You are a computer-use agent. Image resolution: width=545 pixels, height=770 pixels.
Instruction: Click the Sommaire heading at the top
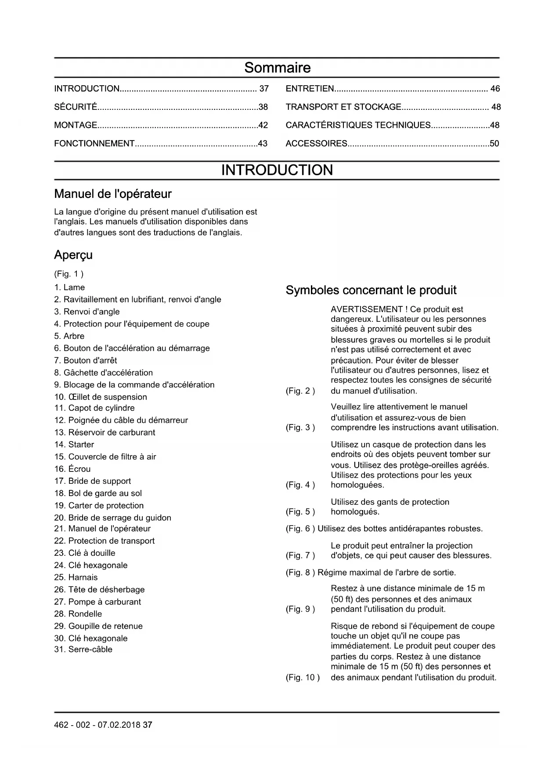[277, 68]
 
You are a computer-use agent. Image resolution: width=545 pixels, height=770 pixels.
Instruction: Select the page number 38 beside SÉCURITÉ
[263, 107]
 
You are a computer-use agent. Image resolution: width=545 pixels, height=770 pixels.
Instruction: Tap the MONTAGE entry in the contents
[76, 126]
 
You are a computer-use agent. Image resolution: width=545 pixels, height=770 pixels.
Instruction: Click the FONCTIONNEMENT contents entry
[94, 144]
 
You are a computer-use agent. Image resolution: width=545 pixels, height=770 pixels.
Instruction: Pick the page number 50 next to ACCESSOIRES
[494, 144]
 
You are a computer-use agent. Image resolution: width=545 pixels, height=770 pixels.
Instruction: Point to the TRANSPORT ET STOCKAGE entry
[343, 107]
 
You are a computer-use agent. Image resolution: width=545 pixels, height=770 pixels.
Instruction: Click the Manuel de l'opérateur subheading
[112, 194]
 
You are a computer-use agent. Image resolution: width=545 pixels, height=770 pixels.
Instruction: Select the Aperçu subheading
[73, 255]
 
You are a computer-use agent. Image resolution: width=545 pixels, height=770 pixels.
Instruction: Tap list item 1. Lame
[69, 288]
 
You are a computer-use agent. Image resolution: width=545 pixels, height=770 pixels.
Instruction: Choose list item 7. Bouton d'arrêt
[86, 360]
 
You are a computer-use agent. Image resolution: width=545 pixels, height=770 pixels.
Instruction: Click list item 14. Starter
[74, 445]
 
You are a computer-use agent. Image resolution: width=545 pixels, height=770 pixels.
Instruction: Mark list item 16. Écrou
[72, 469]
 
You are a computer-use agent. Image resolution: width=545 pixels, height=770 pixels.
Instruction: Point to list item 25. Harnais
[76, 578]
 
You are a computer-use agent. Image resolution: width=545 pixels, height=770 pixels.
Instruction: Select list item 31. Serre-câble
[83, 649]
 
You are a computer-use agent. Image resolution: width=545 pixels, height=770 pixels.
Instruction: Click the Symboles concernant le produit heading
[371, 290]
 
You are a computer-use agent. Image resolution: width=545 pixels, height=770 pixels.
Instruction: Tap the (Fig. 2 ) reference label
[300, 391]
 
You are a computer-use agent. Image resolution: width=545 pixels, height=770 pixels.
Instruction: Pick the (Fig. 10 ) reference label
[303, 677]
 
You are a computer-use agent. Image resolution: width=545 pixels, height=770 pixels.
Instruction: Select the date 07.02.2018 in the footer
[119, 725]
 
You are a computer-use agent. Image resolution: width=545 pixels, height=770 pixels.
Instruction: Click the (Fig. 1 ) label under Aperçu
[69, 274]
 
